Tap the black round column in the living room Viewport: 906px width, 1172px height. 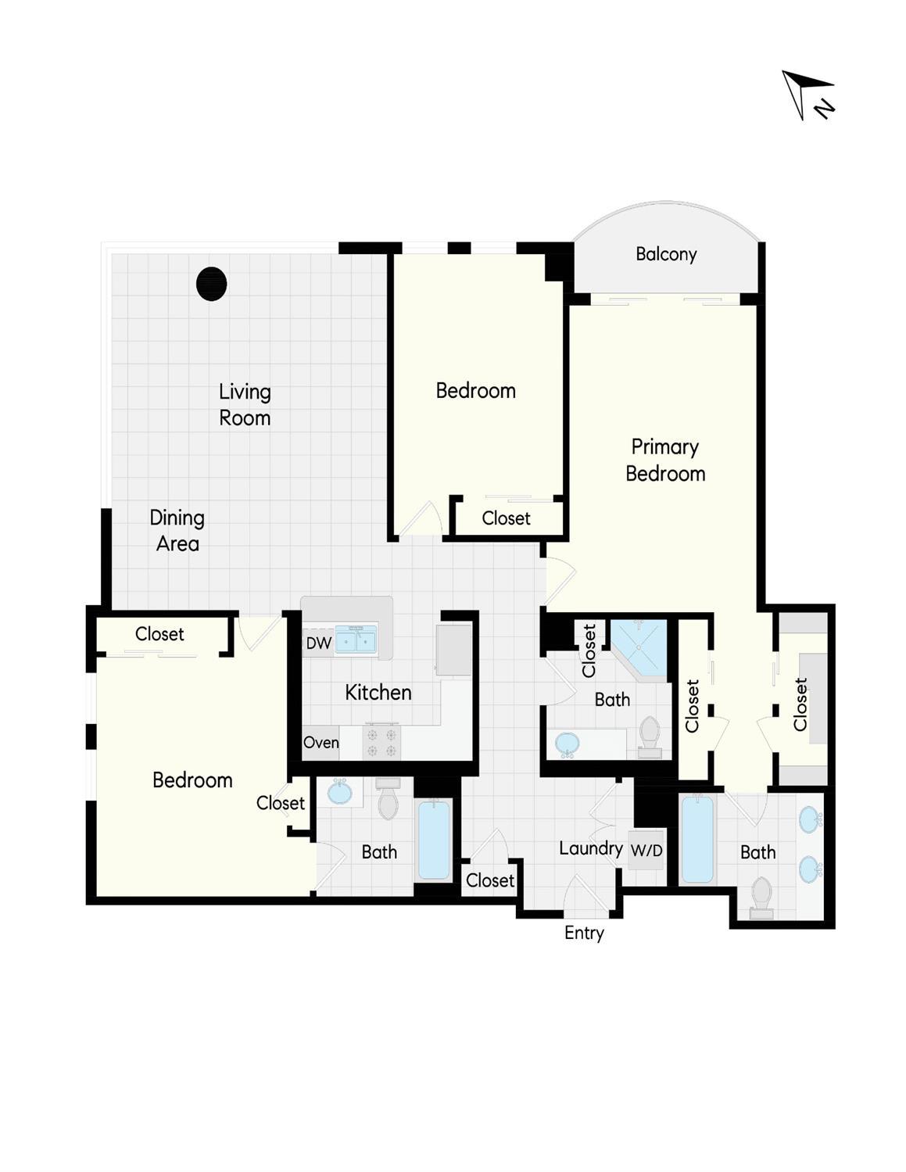[x=211, y=284]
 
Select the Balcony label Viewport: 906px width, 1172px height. [x=666, y=254]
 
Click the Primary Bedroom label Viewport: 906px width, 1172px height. [x=665, y=460]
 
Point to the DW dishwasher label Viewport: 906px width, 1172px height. [x=318, y=643]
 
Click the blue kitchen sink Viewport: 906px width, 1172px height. [x=356, y=640]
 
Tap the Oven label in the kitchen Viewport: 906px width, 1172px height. [x=321, y=743]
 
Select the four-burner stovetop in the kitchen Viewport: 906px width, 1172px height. [x=381, y=742]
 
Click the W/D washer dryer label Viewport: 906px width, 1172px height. [x=646, y=851]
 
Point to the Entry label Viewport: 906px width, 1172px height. [x=584, y=933]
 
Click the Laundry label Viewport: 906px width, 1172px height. [x=591, y=848]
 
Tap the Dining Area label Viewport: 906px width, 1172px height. [x=177, y=530]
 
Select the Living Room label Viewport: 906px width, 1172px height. [x=245, y=404]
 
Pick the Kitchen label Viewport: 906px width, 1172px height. [x=378, y=693]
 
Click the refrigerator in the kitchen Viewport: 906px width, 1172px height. [x=453, y=650]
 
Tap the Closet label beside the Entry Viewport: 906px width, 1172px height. [x=489, y=880]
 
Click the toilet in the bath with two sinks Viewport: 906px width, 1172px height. [x=761, y=898]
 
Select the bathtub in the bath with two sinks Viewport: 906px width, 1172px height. [x=698, y=840]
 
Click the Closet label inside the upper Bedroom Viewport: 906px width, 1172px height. [x=506, y=518]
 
